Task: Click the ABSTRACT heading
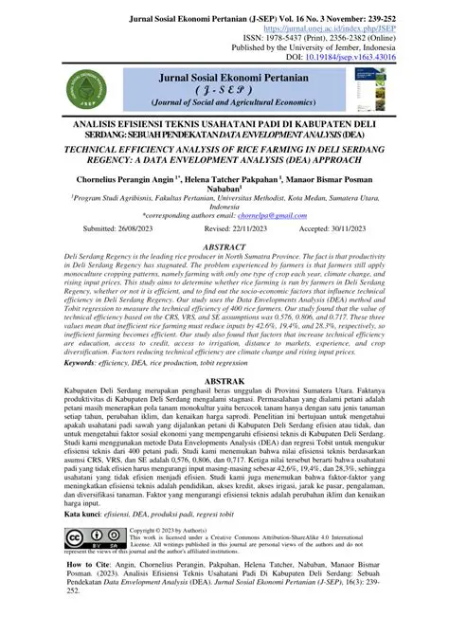pyautogui.click(x=224, y=245)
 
